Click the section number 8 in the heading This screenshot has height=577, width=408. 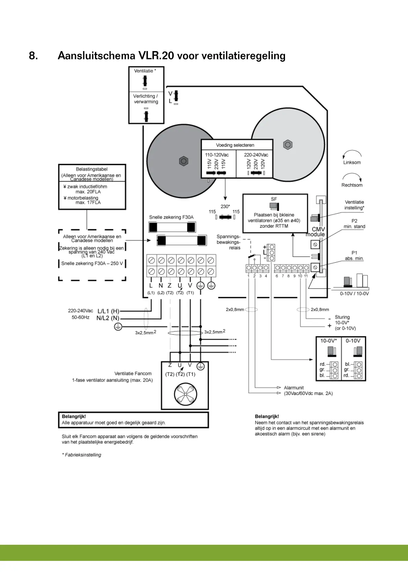pos(33,56)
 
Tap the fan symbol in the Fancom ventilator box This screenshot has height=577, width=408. pos(185,394)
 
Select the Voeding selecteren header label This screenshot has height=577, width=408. pos(235,145)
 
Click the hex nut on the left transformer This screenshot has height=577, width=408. pos(184,161)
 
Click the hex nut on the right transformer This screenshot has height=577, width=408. pos(288,145)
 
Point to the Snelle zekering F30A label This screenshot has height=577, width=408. pos(171,217)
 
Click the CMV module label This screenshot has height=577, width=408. pos(316,232)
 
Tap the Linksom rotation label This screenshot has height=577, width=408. pos(352,163)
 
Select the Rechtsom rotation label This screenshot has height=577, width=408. pos(352,185)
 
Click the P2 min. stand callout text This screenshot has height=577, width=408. pos(354,224)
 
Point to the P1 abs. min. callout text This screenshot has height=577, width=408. pos(354,256)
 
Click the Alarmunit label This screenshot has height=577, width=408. pos(294,388)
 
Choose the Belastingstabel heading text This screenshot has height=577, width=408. pos(91,169)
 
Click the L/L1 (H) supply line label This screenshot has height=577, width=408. pos(108,311)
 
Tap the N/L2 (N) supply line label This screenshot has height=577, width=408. pos(108,318)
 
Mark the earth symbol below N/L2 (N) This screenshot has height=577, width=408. pos(118,327)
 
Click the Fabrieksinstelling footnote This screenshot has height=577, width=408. pos(82,455)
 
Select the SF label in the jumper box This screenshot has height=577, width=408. pos(274,199)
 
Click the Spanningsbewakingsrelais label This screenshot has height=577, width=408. pos(228,242)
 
